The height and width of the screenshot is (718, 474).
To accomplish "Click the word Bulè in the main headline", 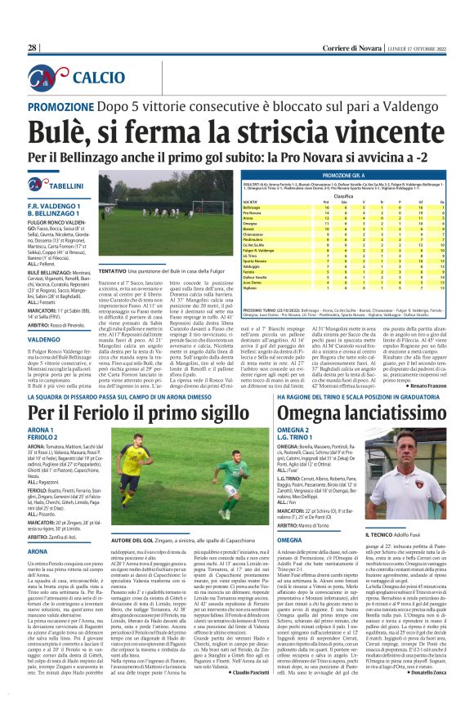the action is (54, 131).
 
